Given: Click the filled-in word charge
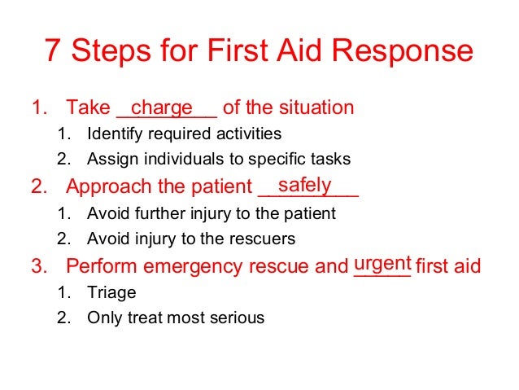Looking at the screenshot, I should pos(162,107).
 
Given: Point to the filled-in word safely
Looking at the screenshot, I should pos(304,186).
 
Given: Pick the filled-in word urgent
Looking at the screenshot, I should pos(382,265).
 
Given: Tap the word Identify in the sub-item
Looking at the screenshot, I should pos(114,134).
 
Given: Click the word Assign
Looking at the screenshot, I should pos(111,160).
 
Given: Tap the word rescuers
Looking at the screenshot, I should pos(263,239).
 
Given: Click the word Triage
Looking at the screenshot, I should pos(111,292).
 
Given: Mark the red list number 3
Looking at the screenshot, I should pos(37,266).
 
